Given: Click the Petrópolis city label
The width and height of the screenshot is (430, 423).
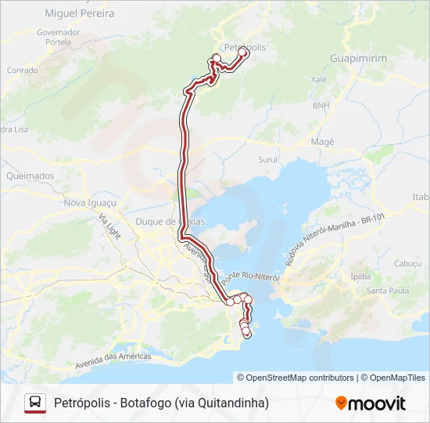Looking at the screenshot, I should tap(245, 47).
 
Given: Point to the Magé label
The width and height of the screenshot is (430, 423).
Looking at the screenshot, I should tap(322, 142).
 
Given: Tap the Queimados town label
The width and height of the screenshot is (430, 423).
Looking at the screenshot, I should tap(30, 176).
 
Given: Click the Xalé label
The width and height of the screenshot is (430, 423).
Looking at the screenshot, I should tap(318, 79).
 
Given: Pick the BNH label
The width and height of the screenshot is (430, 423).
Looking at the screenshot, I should tap(321, 105).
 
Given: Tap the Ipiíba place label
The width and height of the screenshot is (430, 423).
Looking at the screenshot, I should tap(360, 277).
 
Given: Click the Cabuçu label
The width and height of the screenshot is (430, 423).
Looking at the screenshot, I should tap(407, 264).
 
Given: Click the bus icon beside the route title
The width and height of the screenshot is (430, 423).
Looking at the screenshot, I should tap(35, 403).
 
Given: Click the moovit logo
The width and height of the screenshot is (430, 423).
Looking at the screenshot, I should tap(371, 403).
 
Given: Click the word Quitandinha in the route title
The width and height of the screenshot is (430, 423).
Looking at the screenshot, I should tap(230, 403).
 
